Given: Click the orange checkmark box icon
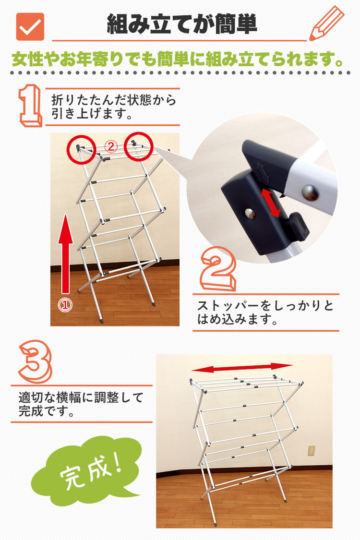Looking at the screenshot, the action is point(30,26).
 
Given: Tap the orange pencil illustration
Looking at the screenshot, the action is point(326,24).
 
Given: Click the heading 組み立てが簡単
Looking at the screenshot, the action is point(182,24).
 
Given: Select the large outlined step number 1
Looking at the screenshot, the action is point(31,106).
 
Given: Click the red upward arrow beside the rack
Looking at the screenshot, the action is point(65,254).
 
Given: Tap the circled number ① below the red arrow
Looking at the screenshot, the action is point(65,304).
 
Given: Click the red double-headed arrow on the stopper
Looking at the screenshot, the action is point(270,203).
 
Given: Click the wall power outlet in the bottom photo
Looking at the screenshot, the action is point(312,450).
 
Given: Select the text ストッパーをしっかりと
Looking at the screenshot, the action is point(265,306).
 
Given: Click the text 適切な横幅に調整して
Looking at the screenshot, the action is point(81,398).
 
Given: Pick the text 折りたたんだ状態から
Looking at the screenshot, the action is point(114,100).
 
